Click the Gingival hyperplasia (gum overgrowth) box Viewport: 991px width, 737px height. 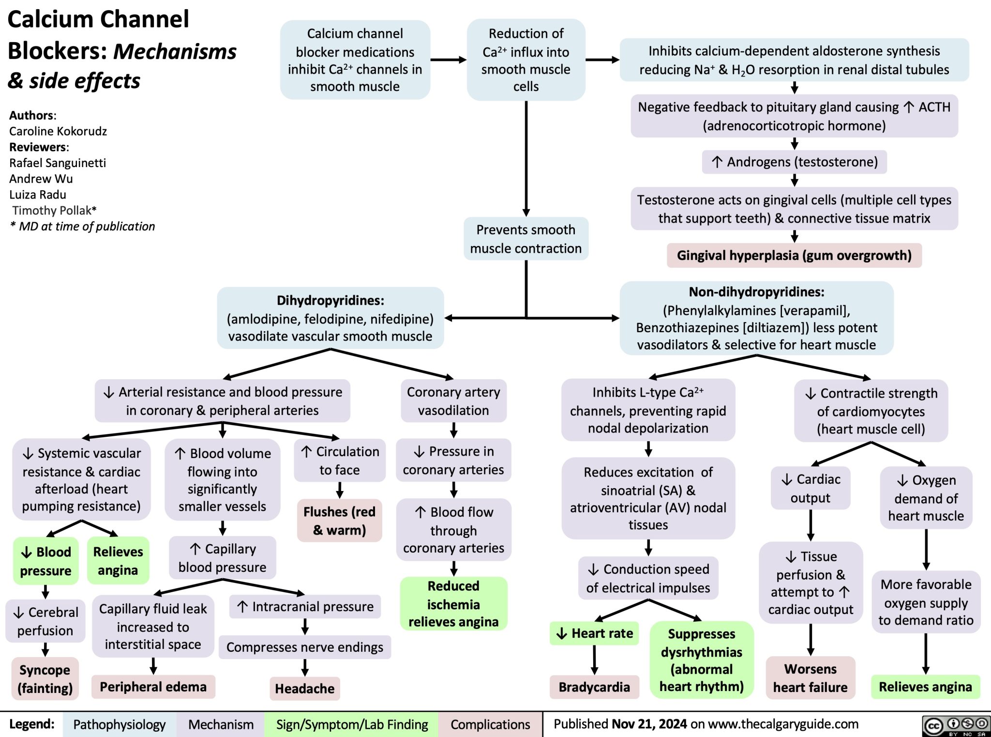(x=794, y=255)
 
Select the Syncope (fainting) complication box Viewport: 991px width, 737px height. (x=45, y=678)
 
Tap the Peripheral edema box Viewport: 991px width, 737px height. (x=153, y=687)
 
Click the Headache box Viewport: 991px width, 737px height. (x=304, y=689)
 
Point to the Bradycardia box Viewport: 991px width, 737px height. (x=594, y=687)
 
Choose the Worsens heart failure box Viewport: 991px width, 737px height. (x=810, y=678)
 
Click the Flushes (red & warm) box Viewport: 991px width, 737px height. (x=339, y=521)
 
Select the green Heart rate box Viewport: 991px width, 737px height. (x=595, y=633)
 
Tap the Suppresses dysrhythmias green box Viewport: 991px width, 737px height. (x=701, y=660)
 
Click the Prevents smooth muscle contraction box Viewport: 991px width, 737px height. (x=526, y=239)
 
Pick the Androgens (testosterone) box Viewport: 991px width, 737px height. (x=794, y=162)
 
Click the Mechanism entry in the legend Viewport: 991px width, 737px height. (x=221, y=724)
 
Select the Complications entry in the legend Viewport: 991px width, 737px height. (x=490, y=724)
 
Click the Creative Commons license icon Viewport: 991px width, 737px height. (x=955, y=725)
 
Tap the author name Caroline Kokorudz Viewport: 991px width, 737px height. (x=58, y=131)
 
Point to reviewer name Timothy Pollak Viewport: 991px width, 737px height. (x=53, y=211)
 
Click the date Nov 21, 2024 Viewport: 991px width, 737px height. (x=649, y=724)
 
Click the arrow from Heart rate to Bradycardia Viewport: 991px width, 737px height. (x=594, y=660)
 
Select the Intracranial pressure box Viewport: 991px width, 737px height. (x=305, y=607)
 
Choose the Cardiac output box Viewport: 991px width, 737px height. (x=810, y=488)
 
